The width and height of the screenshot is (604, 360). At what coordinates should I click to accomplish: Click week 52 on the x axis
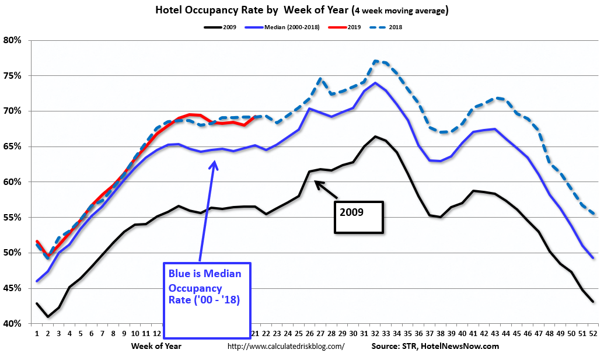(593, 333)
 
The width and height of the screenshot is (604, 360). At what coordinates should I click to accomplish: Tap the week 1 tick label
(36, 333)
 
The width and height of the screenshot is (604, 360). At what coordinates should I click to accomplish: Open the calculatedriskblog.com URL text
(285, 346)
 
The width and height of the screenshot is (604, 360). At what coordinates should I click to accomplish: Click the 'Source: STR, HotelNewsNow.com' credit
(435, 346)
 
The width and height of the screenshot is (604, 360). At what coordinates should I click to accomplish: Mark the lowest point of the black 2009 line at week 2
(48, 317)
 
